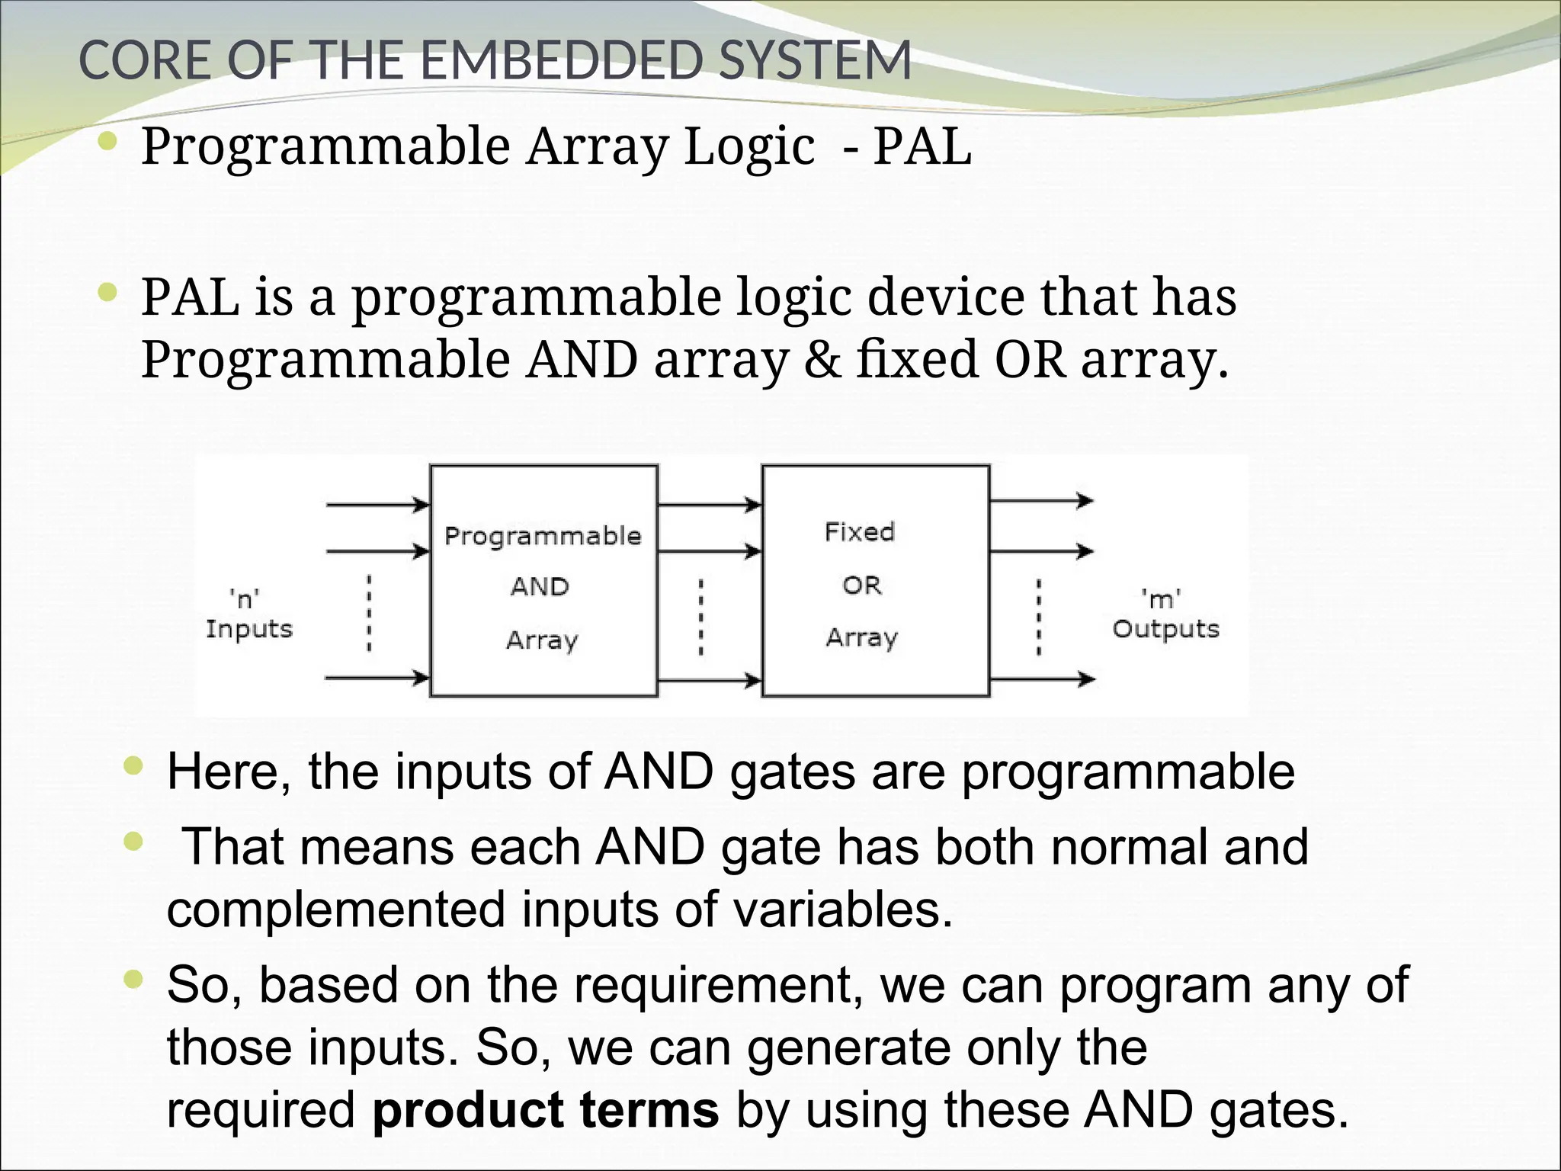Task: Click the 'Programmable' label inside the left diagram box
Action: pyautogui.click(x=543, y=536)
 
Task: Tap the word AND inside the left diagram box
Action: pyautogui.click(x=540, y=586)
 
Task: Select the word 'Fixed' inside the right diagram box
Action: pyautogui.click(x=860, y=531)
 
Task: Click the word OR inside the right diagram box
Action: pyautogui.click(x=861, y=585)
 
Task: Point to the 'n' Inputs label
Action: pyautogui.click(x=248, y=614)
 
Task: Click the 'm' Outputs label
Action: pyautogui.click(x=1165, y=614)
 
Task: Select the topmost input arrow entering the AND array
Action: pyautogui.click(x=377, y=505)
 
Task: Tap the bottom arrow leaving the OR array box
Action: pyautogui.click(x=1041, y=679)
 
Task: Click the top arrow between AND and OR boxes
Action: pyautogui.click(x=709, y=505)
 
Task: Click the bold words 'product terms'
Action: pyautogui.click(x=545, y=1109)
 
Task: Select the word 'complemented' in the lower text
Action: pyautogui.click(x=335, y=910)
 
